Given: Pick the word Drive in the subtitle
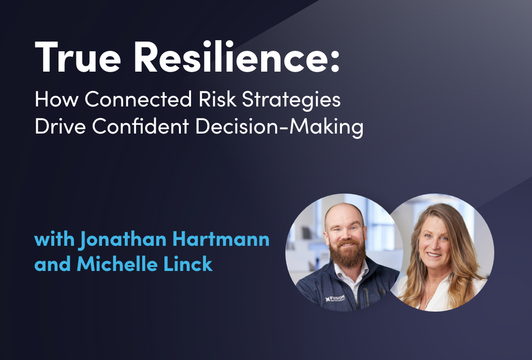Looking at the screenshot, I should [59, 126].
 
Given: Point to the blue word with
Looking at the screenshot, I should [54, 240].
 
